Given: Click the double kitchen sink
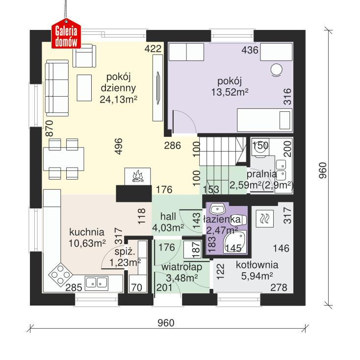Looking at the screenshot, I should coord(97,283).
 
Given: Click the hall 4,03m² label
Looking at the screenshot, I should coord(167,222).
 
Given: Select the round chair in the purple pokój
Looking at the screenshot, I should coord(277,70).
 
